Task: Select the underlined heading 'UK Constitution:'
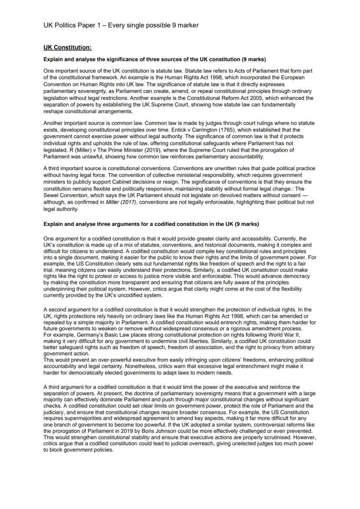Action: click(67, 47)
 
